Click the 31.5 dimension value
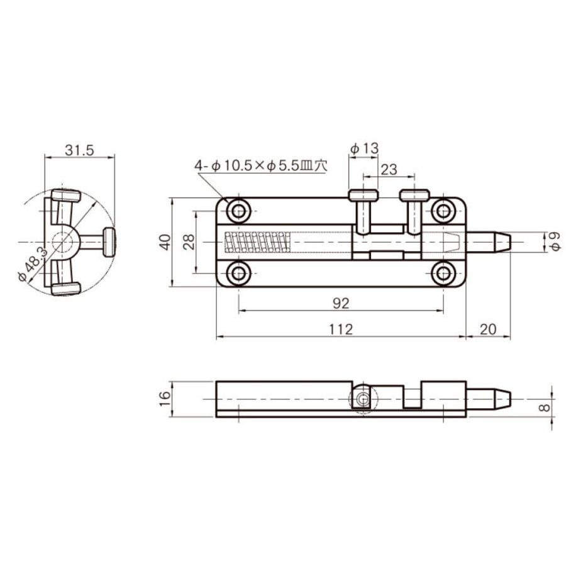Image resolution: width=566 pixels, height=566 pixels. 79,150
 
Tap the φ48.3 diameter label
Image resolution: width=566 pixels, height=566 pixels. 33,264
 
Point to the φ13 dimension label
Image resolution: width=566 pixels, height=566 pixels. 364,148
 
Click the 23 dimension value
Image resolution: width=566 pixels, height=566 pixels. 389,169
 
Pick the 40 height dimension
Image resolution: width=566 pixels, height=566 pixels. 165,242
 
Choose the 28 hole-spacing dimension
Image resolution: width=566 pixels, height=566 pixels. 189,242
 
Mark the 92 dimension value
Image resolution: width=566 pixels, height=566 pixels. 341,304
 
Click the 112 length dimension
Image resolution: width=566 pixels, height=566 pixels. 341,329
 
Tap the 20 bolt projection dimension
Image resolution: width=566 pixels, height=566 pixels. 488,329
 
